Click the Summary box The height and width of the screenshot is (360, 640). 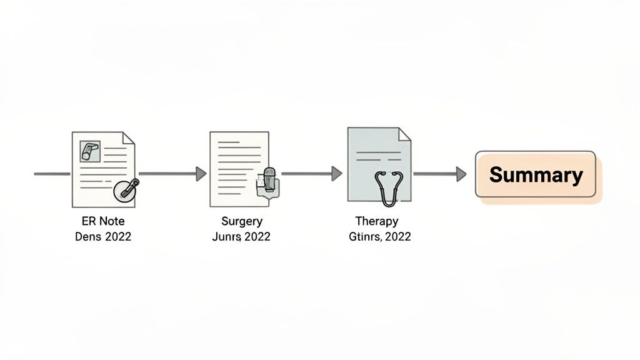(x=536, y=174)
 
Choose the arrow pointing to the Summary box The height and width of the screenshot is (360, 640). (x=439, y=174)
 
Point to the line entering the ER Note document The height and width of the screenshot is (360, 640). (x=52, y=174)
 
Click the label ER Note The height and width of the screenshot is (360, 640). (x=103, y=221)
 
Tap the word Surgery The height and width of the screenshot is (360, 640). (x=241, y=221)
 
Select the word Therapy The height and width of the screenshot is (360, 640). (x=376, y=221)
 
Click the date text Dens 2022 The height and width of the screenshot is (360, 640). (x=103, y=237)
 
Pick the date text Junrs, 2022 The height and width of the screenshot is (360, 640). (x=241, y=237)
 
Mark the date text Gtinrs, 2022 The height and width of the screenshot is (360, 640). (x=379, y=237)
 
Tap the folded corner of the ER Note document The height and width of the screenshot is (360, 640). (x=128, y=138)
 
